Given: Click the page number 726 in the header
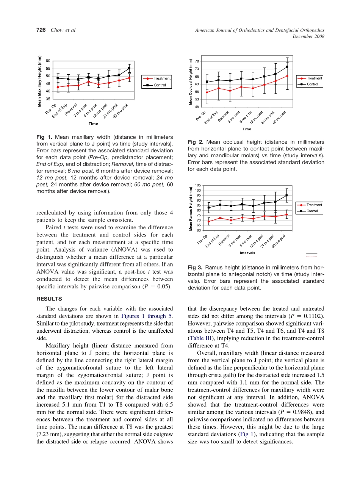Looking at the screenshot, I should [41, 30].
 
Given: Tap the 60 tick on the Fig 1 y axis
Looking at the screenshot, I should [48, 61].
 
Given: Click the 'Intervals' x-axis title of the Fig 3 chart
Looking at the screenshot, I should [247, 253].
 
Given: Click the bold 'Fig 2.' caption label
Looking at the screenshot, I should [196, 142].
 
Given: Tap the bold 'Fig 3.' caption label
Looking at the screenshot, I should [196, 268].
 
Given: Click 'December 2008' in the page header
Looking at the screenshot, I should [309, 36].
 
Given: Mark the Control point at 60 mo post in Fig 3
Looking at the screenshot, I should [287, 196].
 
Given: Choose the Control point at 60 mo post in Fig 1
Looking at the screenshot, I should [129, 68].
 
